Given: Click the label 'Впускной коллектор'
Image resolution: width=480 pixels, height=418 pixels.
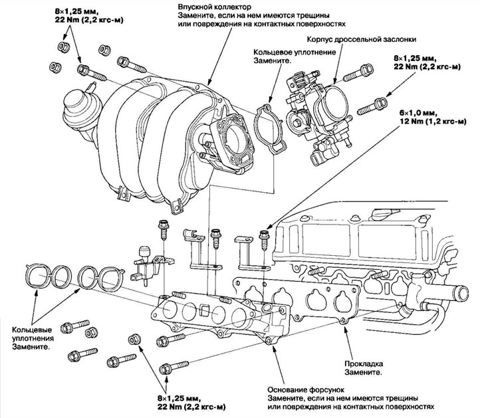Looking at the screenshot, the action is click(215, 7).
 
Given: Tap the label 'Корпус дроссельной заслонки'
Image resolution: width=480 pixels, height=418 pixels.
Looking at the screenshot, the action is click(361, 39).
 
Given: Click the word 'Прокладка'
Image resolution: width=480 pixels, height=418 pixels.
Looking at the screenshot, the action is click(364, 364).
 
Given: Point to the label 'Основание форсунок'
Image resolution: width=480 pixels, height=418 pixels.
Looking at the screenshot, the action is click(306, 390).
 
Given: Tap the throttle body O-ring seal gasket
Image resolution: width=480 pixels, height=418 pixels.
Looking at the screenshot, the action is click(270, 128).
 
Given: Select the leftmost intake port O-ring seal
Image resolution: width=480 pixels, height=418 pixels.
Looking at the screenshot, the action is click(38, 276).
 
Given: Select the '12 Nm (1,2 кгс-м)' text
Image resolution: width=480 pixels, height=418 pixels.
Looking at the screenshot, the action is click(433, 121).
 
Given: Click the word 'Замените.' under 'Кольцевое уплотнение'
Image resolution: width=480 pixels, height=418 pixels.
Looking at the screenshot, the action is click(272, 60).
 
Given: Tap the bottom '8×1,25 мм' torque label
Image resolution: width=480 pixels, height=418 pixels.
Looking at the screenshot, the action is click(180, 399).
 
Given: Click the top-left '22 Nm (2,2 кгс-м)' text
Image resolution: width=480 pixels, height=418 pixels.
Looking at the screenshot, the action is click(89, 21).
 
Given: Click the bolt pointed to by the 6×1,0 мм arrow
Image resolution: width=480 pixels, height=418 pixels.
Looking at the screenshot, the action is click(265, 240).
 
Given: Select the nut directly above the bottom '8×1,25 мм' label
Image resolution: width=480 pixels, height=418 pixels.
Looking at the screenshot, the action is click(134, 340).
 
